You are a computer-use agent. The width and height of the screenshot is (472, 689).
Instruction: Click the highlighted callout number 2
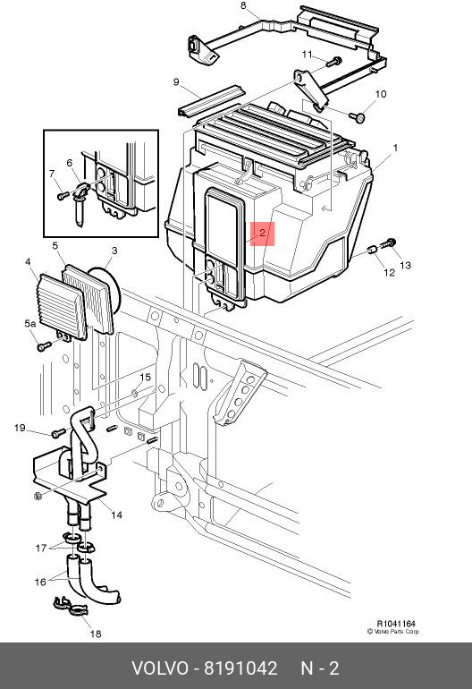point(262,233)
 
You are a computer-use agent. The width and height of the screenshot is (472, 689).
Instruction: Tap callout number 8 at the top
point(243,5)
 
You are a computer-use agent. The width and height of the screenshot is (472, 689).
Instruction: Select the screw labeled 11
point(334,61)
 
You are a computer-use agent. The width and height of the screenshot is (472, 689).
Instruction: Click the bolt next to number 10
point(357,117)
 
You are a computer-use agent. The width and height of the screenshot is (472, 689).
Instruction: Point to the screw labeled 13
point(389,243)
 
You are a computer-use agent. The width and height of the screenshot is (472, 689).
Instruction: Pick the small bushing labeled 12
point(373,251)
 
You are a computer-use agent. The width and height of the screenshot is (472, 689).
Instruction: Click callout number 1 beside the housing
point(395,148)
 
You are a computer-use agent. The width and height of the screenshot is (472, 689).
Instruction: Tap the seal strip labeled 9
point(211,100)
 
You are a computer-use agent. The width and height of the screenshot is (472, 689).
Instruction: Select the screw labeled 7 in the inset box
point(63,195)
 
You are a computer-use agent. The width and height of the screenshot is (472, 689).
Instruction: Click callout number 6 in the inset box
point(70,164)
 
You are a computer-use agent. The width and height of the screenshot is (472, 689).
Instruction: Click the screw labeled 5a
point(43,346)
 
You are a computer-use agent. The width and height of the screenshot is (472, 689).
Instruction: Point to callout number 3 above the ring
point(114,251)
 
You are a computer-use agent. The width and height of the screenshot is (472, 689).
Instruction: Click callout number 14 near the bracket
point(116,515)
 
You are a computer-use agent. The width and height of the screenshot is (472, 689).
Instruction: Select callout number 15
point(146,377)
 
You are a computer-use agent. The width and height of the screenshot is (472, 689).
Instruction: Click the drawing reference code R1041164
point(396,624)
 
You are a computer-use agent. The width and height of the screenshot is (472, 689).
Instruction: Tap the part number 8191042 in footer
point(240,668)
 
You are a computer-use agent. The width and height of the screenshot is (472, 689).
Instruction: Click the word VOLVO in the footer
point(160,668)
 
